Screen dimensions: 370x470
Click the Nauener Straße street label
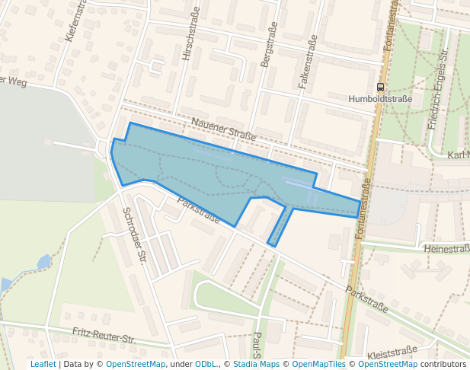coord(223,129)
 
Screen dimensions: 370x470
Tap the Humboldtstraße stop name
coord(379,99)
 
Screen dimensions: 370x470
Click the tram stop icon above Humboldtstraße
coord(380,87)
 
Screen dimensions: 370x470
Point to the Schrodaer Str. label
coord(134,235)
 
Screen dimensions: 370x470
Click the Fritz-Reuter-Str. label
coord(104,334)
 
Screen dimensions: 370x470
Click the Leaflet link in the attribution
coord(43,365)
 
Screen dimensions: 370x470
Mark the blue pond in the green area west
coord(44,262)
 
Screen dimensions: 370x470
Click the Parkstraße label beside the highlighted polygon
coord(198,211)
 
